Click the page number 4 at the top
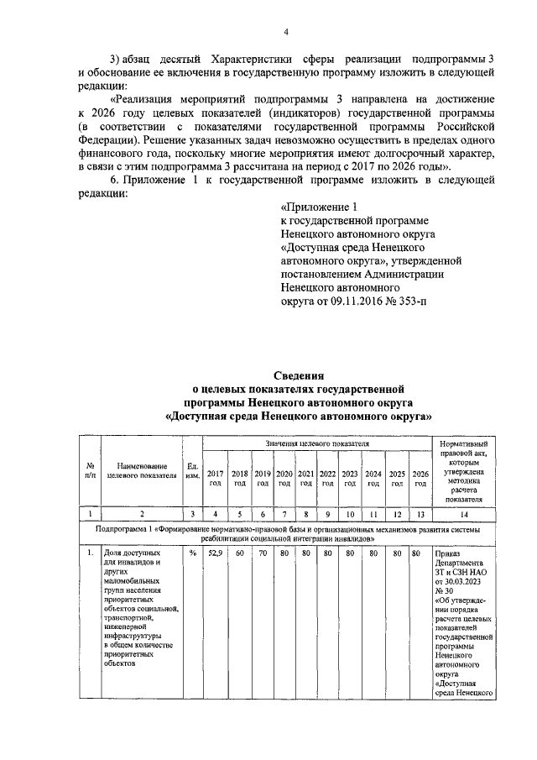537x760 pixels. click(x=285, y=33)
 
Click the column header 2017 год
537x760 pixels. click(x=216, y=479)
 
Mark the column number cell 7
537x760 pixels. click(x=284, y=513)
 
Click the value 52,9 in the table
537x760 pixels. click(x=216, y=553)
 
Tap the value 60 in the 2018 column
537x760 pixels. click(x=239, y=553)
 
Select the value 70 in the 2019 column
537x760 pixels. click(x=262, y=553)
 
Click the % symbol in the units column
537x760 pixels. click(x=191, y=553)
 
